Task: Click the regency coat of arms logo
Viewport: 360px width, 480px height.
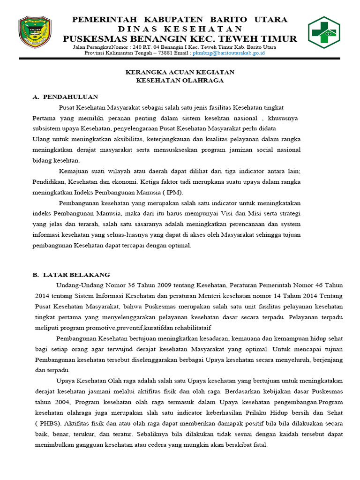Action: [36, 33]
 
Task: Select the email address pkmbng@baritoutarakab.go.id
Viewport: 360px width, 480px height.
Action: [229, 53]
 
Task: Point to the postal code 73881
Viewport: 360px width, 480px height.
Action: [167, 53]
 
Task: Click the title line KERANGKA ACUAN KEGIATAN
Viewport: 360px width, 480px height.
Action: [180, 72]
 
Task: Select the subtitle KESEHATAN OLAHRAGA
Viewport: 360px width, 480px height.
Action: [180, 80]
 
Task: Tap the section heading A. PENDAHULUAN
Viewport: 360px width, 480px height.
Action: [66, 97]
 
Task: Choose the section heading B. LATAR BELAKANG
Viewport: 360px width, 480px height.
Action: [71, 275]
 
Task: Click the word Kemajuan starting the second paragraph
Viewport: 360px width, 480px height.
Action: [73, 171]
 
